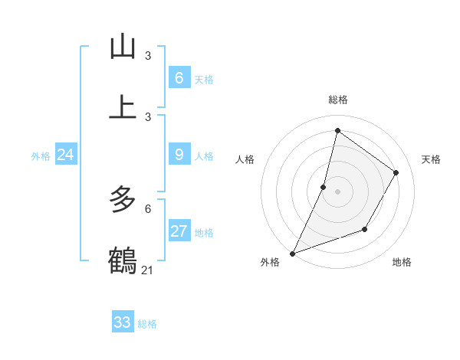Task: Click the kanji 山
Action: tap(123, 47)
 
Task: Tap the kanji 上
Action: tap(123, 106)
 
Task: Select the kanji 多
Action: tap(123, 200)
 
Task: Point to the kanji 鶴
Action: tap(123, 260)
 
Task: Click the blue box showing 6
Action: tap(179, 77)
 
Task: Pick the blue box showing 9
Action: tap(179, 155)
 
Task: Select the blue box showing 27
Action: tap(179, 231)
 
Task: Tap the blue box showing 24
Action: tap(65, 155)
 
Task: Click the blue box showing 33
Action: tap(122, 322)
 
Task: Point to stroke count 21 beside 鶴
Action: tap(148, 270)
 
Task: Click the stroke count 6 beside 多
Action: tap(148, 208)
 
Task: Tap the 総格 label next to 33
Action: tap(147, 324)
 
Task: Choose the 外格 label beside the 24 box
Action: tap(41, 156)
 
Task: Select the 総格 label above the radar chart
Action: tap(337, 100)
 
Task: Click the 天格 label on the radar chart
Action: tap(431, 159)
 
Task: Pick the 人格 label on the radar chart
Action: tap(245, 159)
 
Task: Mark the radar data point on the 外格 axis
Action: tap(292, 253)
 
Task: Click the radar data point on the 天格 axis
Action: tap(396, 172)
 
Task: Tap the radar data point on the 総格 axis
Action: tap(337, 131)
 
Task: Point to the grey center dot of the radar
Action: tap(337, 191)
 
